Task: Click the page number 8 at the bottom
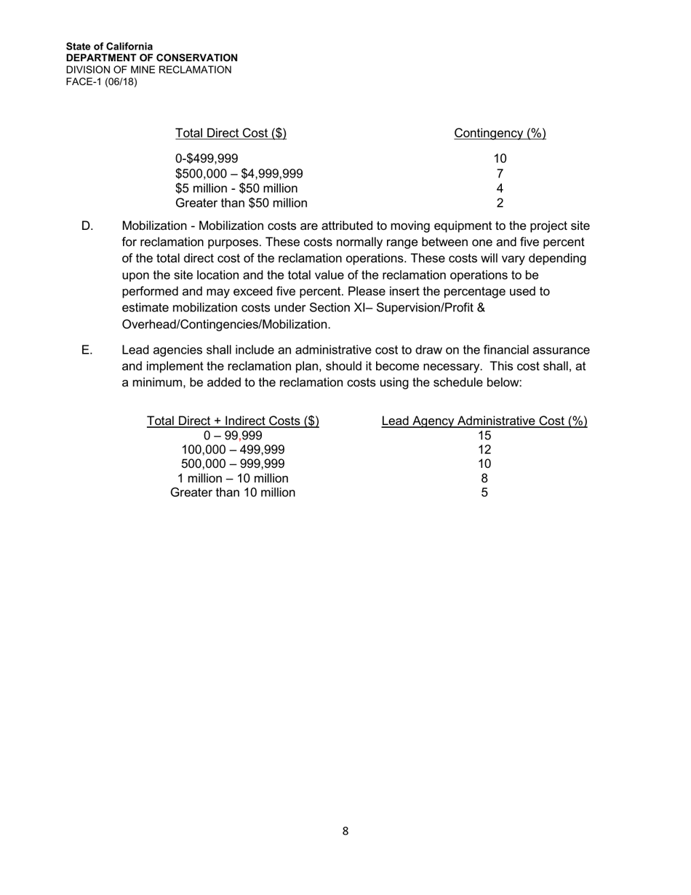point(345,831)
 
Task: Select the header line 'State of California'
point(109,46)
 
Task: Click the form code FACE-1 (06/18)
point(101,81)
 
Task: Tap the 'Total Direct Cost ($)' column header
point(231,133)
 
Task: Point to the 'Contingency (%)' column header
point(500,133)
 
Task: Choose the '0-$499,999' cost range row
point(207,159)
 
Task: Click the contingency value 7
point(500,174)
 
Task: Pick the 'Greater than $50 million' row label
point(241,203)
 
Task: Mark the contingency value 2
point(500,203)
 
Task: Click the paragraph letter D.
point(87,226)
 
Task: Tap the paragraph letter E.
point(87,351)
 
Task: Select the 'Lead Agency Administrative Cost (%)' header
point(484,421)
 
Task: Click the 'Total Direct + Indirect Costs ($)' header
point(233,421)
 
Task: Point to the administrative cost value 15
point(484,436)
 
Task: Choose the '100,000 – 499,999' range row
point(233,450)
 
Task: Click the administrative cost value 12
point(484,450)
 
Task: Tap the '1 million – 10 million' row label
point(233,479)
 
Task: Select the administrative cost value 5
point(484,493)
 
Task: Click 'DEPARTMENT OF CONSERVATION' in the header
point(151,57)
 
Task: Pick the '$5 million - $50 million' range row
point(236,188)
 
